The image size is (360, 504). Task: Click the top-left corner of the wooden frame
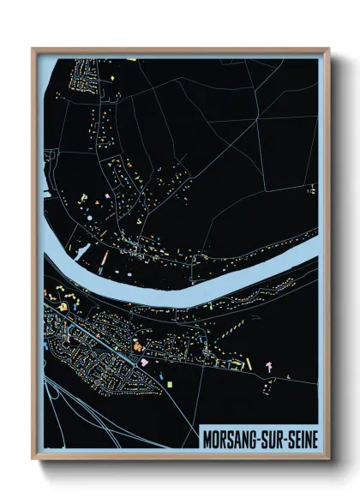click(x=33, y=49)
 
